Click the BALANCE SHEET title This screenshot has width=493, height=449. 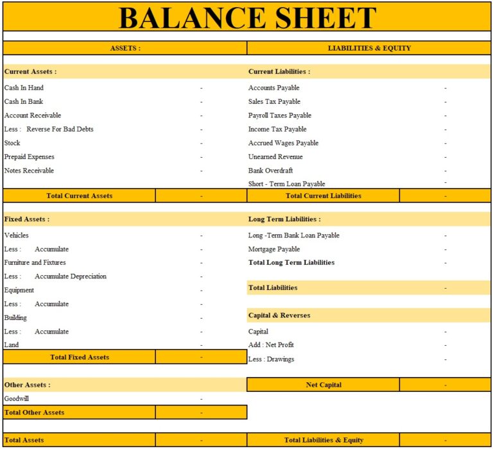click(x=247, y=17)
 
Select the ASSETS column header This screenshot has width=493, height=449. click(x=125, y=48)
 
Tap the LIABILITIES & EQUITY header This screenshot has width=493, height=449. click(x=369, y=48)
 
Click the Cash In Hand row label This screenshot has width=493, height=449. click(x=24, y=88)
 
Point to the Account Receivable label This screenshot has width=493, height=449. click(x=33, y=115)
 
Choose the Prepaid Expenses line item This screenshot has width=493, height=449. click(x=30, y=157)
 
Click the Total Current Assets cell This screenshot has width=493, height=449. click(x=80, y=196)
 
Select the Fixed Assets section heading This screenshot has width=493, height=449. click(x=27, y=219)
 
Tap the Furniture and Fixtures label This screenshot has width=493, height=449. click(x=35, y=262)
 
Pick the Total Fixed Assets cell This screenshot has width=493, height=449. click(x=80, y=357)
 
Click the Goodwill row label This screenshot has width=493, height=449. click(x=17, y=398)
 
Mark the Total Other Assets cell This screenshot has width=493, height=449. click(x=35, y=412)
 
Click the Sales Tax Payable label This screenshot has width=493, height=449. click(x=274, y=101)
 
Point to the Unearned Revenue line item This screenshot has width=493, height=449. click(x=275, y=157)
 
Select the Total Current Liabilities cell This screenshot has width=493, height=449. click(x=324, y=196)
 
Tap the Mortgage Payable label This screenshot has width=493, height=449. click(x=274, y=249)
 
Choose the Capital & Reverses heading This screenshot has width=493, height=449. click(x=279, y=316)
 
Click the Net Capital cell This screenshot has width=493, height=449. click(x=324, y=385)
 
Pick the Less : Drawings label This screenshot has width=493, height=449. click(x=271, y=359)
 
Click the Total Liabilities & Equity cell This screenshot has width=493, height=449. click(x=324, y=440)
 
